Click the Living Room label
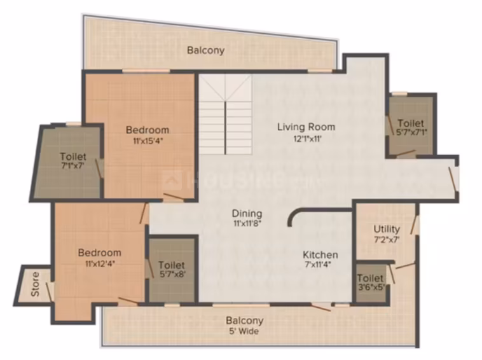tap(306, 127)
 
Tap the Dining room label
tap(247, 213)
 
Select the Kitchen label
tap(320, 254)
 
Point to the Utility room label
tap(387, 229)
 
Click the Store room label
tap(36, 284)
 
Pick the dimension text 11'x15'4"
tap(148, 141)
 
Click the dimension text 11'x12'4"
tap(100, 263)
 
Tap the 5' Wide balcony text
tap(245, 331)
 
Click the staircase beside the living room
tap(225, 114)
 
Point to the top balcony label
tap(205, 50)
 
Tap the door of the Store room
tap(49, 292)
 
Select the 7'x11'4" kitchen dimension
tap(318, 265)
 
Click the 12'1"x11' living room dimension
tap(307, 139)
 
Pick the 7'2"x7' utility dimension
tap(387, 240)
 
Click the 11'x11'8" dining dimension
tap(247, 223)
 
